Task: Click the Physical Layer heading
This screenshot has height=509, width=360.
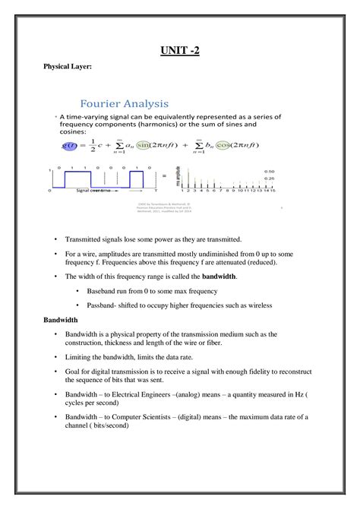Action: pyautogui.click(x=66, y=67)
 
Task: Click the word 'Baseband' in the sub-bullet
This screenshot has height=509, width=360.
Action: pyautogui.click(x=108, y=291)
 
